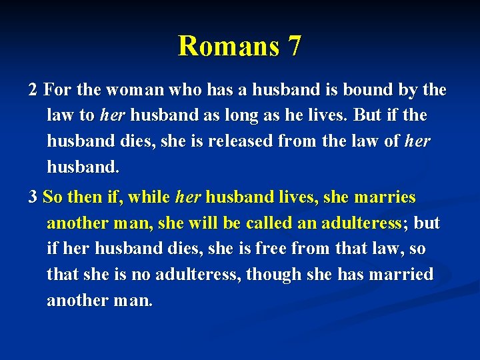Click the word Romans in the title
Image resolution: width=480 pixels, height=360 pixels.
tap(223, 46)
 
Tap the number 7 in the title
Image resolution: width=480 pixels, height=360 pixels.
tap(294, 46)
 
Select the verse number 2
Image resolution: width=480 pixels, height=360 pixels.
tap(33, 89)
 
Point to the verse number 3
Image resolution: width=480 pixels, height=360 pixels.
tap(33, 197)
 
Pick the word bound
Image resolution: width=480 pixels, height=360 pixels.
tap(375, 89)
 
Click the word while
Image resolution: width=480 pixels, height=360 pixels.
tap(149, 197)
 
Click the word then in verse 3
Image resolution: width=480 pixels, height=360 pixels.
tap(83, 197)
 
